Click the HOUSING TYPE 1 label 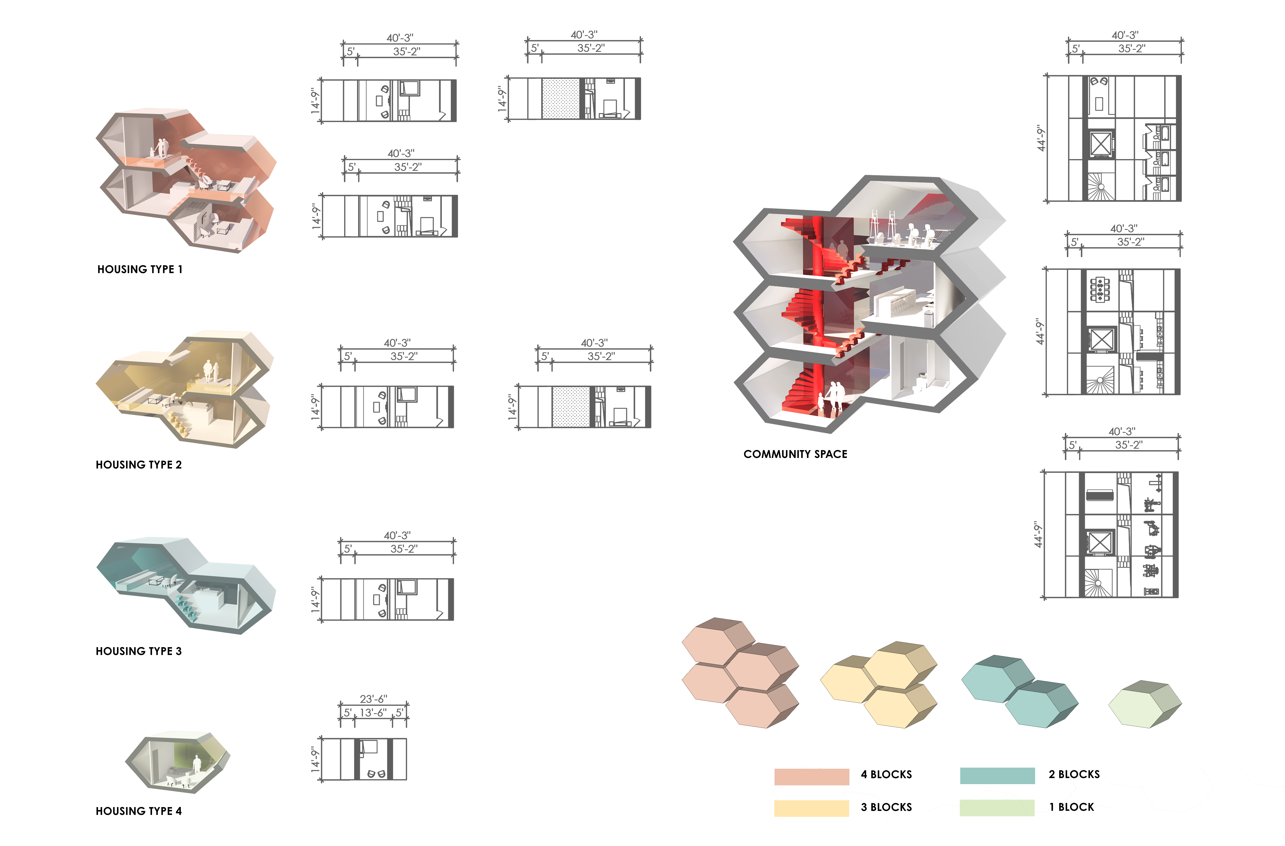pos(140,269)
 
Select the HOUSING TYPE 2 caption pos(139,465)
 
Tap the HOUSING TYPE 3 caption pos(139,651)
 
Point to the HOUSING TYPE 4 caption pos(139,811)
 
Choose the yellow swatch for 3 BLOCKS pos(811,808)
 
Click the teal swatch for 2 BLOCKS pos(997,775)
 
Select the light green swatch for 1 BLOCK pos(997,808)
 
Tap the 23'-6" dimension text pos(374,699)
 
